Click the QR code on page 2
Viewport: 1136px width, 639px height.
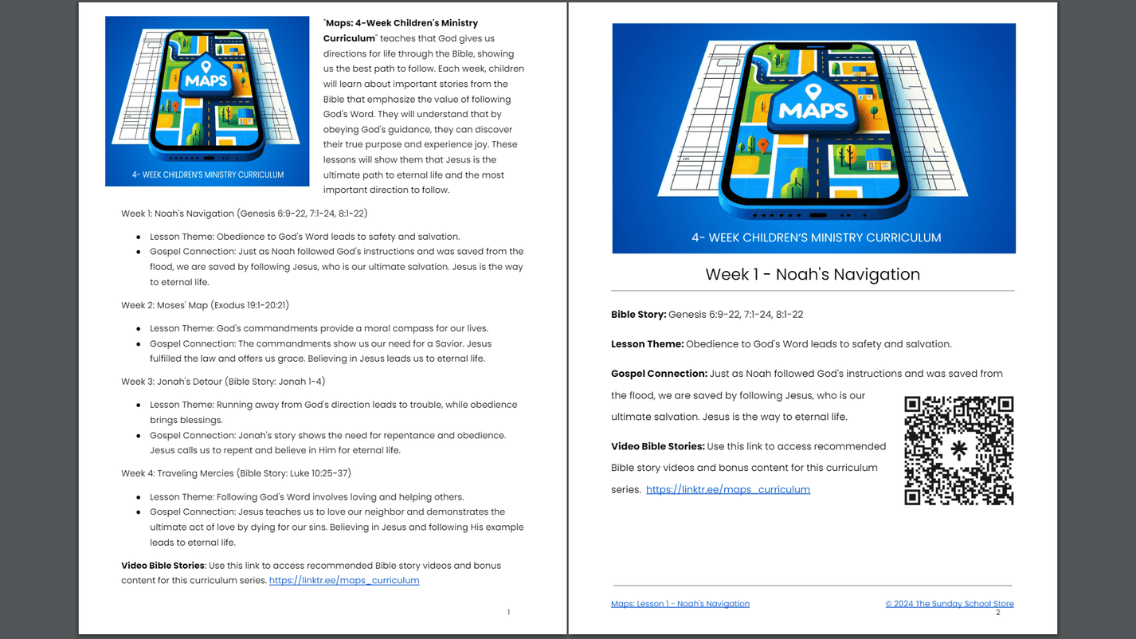click(958, 451)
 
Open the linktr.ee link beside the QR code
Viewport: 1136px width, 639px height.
click(727, 489)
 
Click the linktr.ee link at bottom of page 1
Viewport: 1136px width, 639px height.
click(343, 580)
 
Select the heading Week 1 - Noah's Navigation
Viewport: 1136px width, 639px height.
click(813, 274)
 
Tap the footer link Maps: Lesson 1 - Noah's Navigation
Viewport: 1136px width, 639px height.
click(680, 603)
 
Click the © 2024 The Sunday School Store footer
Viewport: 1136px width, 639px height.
click(949, 603)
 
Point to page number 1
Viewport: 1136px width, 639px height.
click(508, 612)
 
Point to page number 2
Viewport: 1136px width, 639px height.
click(997, 612)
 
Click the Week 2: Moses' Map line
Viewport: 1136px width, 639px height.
click(205, 305)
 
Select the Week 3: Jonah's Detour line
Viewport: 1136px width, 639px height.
click(223, 382)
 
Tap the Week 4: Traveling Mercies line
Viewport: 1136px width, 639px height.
click(236, 473)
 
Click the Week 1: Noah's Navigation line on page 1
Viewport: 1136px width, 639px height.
click(244, 214)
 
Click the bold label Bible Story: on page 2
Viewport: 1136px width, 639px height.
click(638, 314)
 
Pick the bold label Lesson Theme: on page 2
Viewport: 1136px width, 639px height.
click(647, 344)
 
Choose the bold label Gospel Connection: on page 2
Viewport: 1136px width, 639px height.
click(659, 373)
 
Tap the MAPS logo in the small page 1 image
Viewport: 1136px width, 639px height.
click(206, 79)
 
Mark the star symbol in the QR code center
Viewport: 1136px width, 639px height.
click(959, 449)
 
